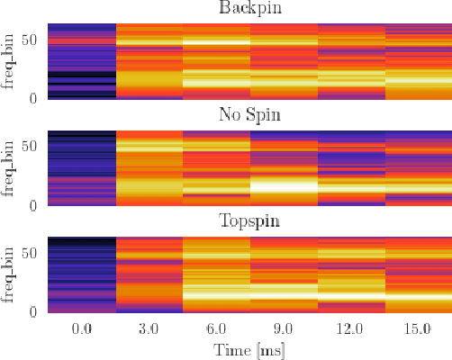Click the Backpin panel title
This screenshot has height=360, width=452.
tap(249, 9)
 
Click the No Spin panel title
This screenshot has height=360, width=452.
tap(249, 115)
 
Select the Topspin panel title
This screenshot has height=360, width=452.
tap(249, 221)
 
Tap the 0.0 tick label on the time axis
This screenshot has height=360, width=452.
tap(82, 329)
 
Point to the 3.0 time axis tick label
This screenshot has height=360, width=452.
tap(149, 329)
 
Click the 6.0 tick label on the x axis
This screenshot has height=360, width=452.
tap(216, 329)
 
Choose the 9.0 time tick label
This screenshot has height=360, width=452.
tap(284, 329)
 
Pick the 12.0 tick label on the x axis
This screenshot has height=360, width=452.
tap(350, 329)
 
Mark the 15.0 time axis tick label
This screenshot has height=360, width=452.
tap(418, 329)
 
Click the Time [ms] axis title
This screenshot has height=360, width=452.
tap(249, 349)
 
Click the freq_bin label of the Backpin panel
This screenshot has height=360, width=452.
tap(10, 60)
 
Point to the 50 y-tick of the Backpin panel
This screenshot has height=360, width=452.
tap(31, 40)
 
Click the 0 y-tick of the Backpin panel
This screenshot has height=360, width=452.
tap(34, 98)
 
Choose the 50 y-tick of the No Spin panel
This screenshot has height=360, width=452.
tap(31, 146)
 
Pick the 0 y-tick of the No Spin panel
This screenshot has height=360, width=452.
tap(34, 204)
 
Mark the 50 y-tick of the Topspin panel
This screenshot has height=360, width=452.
tap(31, 252)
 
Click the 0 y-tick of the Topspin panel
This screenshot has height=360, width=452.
tap(34, 310)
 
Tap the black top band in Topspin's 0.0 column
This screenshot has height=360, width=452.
tap(82, 241)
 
